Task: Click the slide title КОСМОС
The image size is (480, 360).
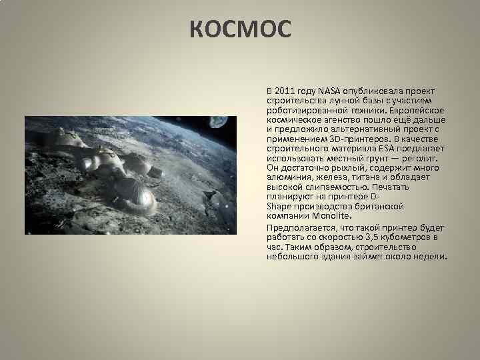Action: coord(240,29)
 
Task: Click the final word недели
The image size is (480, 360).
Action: coord(430,257)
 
